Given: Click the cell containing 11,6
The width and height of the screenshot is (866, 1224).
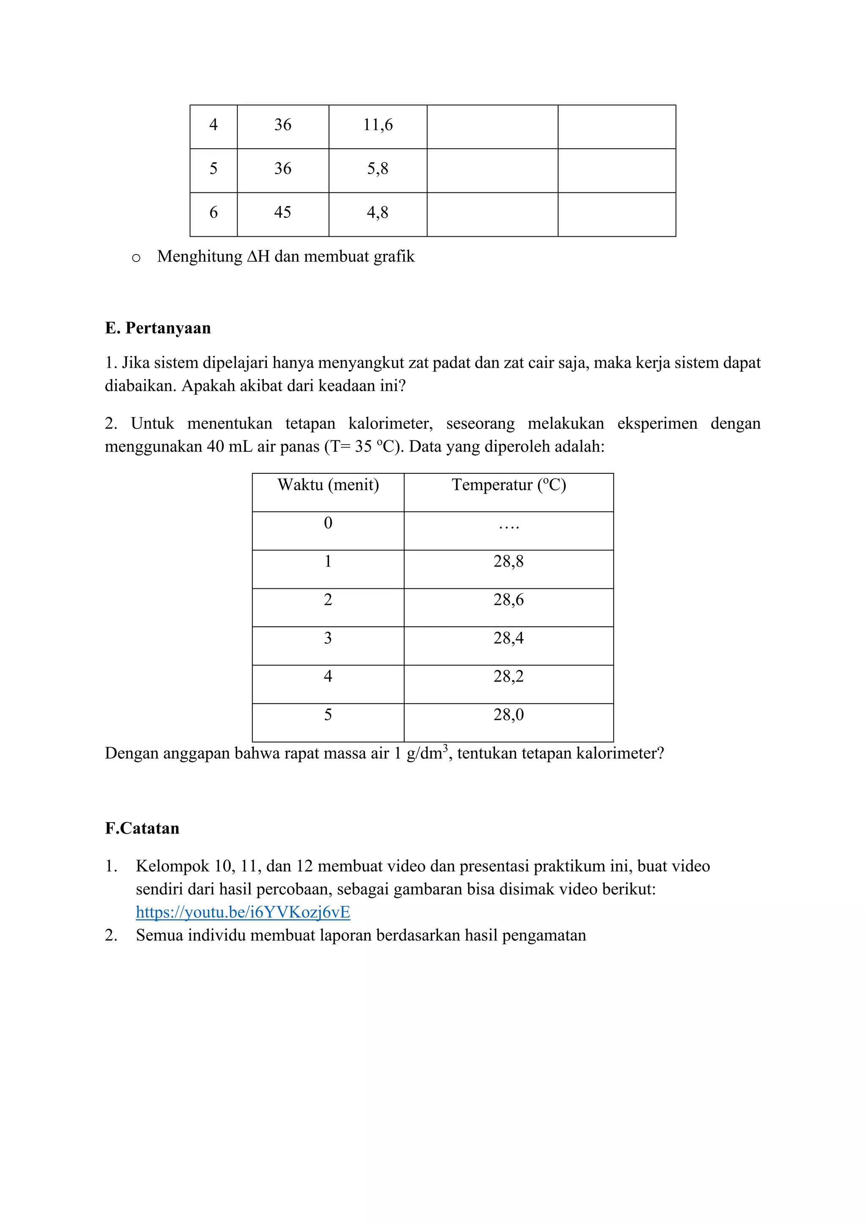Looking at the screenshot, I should [x=378, y=125].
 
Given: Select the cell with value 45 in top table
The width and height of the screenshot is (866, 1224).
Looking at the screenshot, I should [x=282, y=213].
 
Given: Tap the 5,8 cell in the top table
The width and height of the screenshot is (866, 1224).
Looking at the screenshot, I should [x=378, y=169].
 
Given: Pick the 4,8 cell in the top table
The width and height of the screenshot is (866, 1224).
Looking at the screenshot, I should [x=378, y=213].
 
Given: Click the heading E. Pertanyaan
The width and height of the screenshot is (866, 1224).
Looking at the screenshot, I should [x=158, y=328].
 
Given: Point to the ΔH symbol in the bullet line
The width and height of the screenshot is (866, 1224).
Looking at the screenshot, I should [x=258, y=257].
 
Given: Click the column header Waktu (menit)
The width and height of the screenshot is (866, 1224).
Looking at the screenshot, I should [x=328, y=485].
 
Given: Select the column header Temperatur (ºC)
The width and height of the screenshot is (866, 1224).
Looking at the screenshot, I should [x=508, y=485].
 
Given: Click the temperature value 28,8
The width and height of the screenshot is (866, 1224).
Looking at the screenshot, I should [x=508, y=561].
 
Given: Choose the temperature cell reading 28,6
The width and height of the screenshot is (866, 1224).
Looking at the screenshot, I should [x=508, y=600].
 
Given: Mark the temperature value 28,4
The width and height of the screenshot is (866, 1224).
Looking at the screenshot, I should [x=508, y=638].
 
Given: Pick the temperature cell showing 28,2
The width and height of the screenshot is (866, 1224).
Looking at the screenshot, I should [x=508, y=677].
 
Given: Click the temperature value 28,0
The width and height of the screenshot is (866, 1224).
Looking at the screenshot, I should [x=508, y=715].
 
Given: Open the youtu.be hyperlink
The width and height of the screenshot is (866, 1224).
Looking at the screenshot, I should [x=243, y=912].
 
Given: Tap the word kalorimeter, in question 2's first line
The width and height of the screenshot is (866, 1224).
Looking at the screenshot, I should [x=390, y=424].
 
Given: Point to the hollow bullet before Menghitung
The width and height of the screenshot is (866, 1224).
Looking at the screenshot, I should [x=136, y=258].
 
